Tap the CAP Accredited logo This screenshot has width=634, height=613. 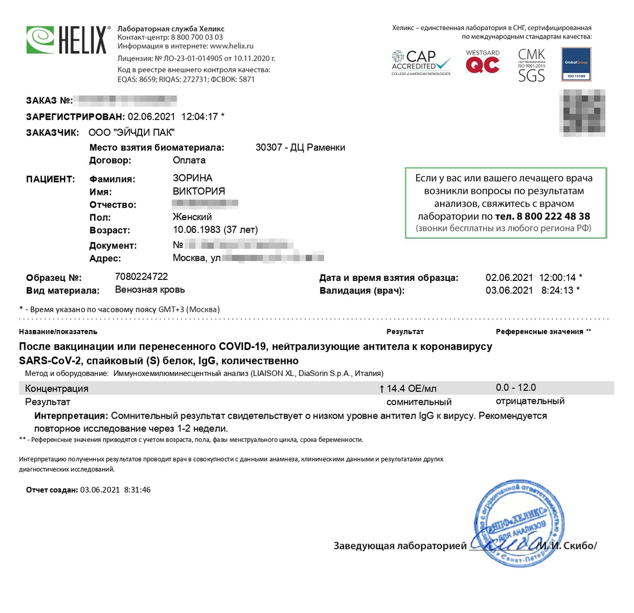421,63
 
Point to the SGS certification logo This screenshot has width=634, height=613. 531,65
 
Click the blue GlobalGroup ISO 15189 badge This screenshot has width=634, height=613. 576,64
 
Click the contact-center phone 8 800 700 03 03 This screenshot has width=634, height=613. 197,37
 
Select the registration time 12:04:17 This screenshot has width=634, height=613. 199,117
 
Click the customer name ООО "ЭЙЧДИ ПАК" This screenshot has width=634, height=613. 132,133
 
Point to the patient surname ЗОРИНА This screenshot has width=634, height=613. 192,178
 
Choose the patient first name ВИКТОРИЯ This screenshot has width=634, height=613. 199,191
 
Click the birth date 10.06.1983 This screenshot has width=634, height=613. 197,230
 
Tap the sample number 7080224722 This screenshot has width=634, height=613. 142,277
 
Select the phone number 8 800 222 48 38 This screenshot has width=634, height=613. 553,216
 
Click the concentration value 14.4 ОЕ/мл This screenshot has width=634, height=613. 411,389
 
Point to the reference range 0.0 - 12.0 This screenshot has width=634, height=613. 516,388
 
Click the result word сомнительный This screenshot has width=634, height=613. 419,402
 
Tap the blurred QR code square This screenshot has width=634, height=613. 582,112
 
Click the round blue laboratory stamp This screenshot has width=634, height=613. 519,522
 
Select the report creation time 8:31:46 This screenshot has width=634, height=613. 137,490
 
